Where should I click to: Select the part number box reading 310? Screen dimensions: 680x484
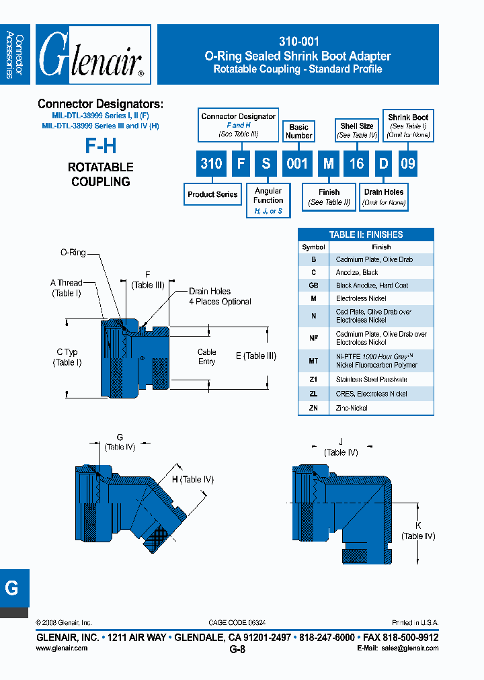(x=211, y=163)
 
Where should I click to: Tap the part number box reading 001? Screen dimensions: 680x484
(x=297, y=163)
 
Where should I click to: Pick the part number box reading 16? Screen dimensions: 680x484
(x=356, y=163)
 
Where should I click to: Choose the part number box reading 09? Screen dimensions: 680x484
(x=408, y=163)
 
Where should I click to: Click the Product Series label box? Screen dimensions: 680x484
(x=212, y=194)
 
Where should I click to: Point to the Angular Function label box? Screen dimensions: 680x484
(x=268, y=200)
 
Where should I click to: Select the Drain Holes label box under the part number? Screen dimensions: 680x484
(x=384, y=196)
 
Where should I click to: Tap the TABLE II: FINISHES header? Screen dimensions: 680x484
(x=366, y=235)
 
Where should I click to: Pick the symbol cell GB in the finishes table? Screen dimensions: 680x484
(x=313, y=286)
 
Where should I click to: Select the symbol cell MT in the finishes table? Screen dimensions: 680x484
(x=313, y=361)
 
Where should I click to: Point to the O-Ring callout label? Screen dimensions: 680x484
(x=73, y=253)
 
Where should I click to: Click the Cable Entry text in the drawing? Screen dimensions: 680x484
(x=206, y=357)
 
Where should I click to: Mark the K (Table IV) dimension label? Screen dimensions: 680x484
(x=418, y=530)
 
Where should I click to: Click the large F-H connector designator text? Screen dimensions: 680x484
(x=101, y=146)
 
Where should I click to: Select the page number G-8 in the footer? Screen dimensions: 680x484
(x=237, y=650)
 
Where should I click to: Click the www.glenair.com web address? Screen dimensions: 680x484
(x=61, y=648)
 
